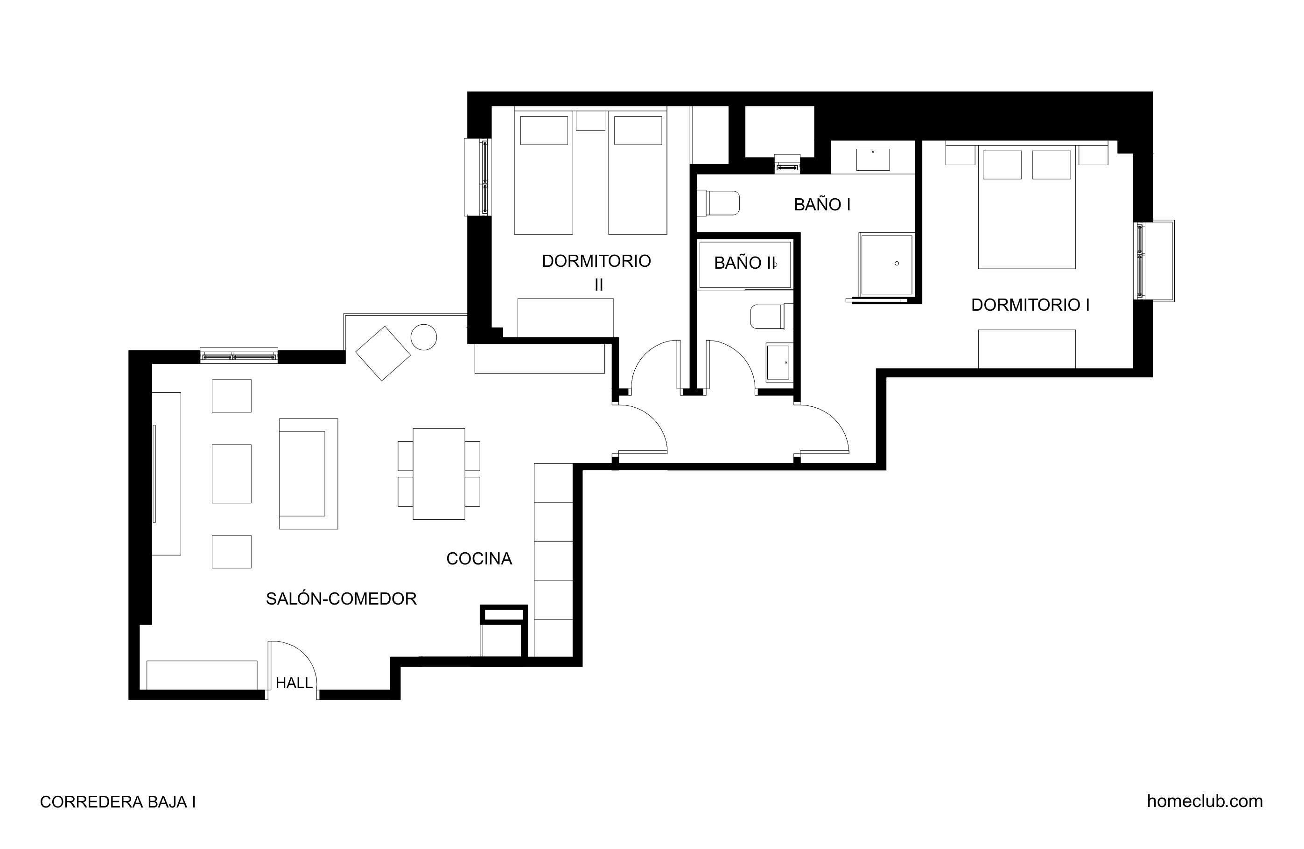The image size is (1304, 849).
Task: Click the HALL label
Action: tap(294, 683)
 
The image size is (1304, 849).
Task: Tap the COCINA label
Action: tap(479, 559)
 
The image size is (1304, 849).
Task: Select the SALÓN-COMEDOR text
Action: tap(341, 598)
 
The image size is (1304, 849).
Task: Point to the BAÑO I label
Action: tap(822, 204)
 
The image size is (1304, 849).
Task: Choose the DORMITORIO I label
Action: tap(1030, 305)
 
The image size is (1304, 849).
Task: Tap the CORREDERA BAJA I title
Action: tap(118, 802)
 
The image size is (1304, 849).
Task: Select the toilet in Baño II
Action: tap(771, 317)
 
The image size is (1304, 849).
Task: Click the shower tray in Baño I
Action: tap(885, 265)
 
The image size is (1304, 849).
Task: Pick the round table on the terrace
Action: tap(423, 337)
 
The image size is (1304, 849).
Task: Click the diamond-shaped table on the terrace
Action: tap(383, 354)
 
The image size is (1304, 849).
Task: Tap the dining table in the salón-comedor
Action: tap(439, 474)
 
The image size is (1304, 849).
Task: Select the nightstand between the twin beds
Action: tap(591, 120)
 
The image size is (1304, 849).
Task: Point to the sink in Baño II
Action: tap(778, 362)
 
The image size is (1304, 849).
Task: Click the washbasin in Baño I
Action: tap(873, 160)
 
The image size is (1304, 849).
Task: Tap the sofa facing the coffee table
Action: tap(308, 474)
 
